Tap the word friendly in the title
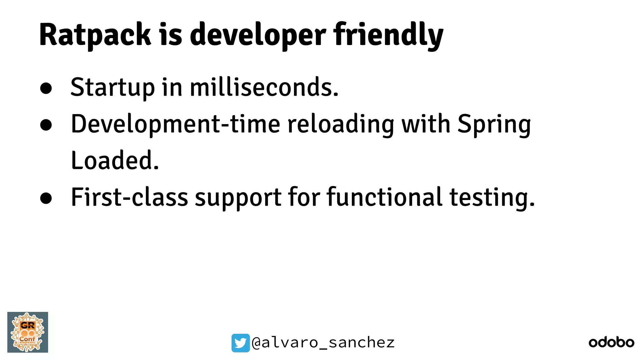pyautogui.click(x=388, y=35)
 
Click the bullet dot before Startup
pyautogui.click(x=46, y=88)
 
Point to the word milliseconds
pyautogui.click(x=264, y=87)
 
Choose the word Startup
pyautogui.click(x=112, y=88)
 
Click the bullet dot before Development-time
pyautogui.click(x=46, y=125)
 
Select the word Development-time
pyautogui.click(x=175, y=124)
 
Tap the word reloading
pyautogui.click(x=341, y=124)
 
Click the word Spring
pyautogui.click(x=494, y=124)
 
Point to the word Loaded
pyautogui.click(x=115, y=160)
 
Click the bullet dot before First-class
pyautogui.click(x=46, y=198)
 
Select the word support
pyautogui.click(x=238, y=198)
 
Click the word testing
pyautogui.click(x=492, y=198)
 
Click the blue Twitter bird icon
pyautogui.click(x=240, y=343)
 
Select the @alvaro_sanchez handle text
pyautogui.click(x=323, y=343)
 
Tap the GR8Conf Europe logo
pyautogui.click(x=28, y=332)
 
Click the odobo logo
pyautogui.click(x=611, y=342)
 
